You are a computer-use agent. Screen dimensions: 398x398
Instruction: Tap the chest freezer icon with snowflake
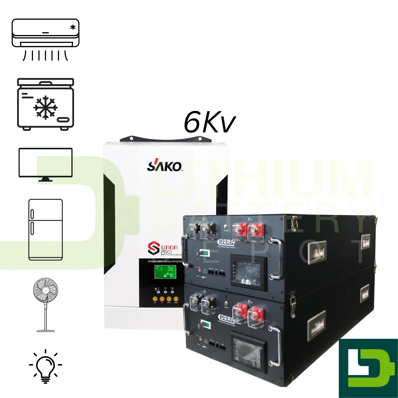[45, 104]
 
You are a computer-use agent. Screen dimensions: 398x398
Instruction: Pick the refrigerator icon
[45, 230]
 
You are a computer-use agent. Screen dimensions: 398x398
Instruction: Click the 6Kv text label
[209, 123]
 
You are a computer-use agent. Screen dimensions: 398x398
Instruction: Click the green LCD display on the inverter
[165, 272]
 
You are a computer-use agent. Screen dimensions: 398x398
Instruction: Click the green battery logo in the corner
[368, 368]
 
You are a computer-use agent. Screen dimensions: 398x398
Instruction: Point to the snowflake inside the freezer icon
[45, 107]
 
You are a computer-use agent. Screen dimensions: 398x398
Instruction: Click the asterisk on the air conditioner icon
[73, 27]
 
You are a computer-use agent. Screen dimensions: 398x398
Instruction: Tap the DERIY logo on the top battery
[226, 242]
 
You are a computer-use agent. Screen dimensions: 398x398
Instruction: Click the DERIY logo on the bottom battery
[226, 318]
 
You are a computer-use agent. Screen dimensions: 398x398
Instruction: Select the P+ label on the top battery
[250, 219]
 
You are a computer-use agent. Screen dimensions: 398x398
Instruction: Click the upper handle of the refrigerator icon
[32, 214]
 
